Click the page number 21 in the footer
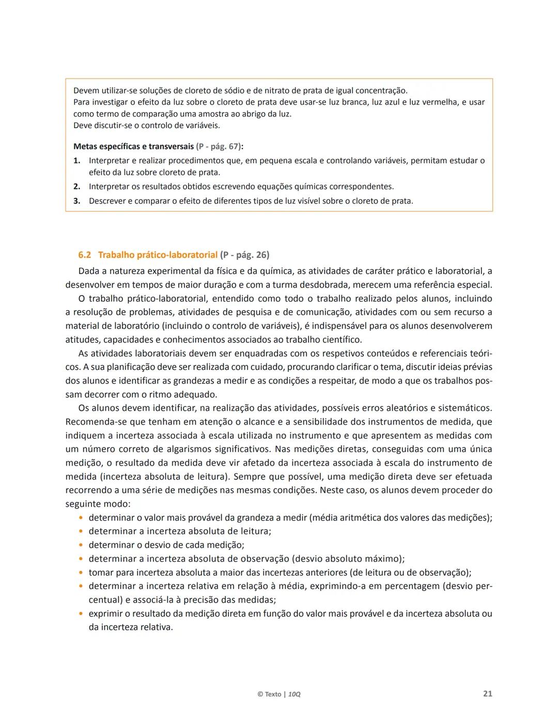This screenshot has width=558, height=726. (487, 693)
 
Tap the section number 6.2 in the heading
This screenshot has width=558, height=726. (85, 255)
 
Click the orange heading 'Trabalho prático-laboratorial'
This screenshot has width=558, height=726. (158, 255)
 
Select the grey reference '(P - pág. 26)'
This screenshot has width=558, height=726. (244, 255)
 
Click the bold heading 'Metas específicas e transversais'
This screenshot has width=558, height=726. (134, 146)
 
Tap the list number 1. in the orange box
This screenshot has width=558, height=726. (76, 161)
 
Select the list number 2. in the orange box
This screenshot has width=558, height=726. (76, 187)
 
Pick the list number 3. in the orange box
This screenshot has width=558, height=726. (76, 201)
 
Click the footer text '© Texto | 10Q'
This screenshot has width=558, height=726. (279, 694)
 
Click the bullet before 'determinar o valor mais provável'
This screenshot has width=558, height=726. (81, 518)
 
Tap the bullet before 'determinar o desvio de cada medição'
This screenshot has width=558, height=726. (81, 545)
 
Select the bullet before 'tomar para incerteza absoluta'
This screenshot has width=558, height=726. (81, 573)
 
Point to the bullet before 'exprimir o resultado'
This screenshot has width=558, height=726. (81, 614)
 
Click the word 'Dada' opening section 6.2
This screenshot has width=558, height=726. (89, 271)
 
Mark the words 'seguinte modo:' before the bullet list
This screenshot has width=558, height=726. (98, 504)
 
